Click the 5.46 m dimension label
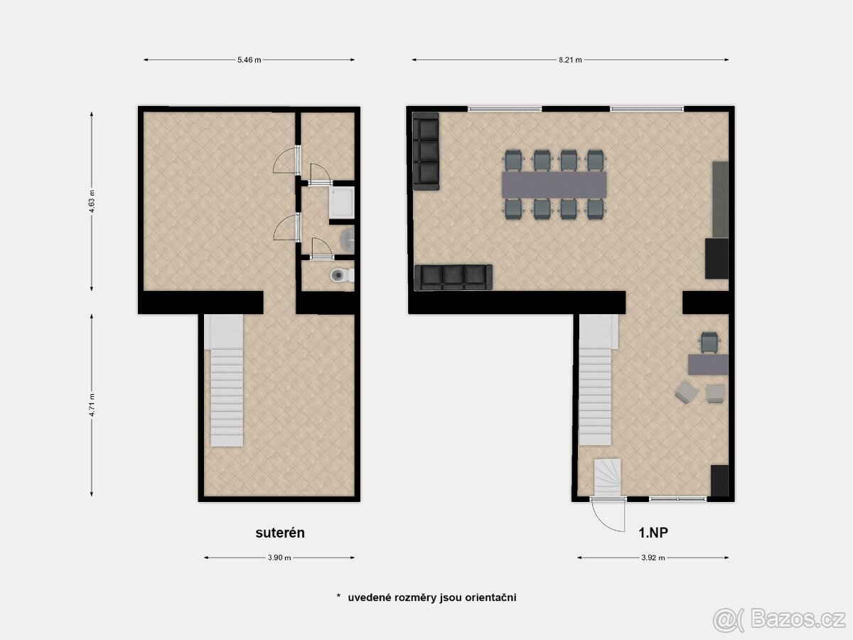(x=249, y=60)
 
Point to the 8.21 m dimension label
(x=569, y=60)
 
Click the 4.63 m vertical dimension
(x=92, y=201)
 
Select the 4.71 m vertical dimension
(x=92, y=405)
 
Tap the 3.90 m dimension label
(x=279, y=558)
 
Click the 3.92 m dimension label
(x=652, y=558)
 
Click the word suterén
(x=280, y=533)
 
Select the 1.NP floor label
(x=653, y=533)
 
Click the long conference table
(x=554, y=185)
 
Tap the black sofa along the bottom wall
(x=454, y=277)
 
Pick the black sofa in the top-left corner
(x=426, y=151)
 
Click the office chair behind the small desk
(x=709, y=342)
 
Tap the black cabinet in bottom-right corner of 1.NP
(x=719, y=480)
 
